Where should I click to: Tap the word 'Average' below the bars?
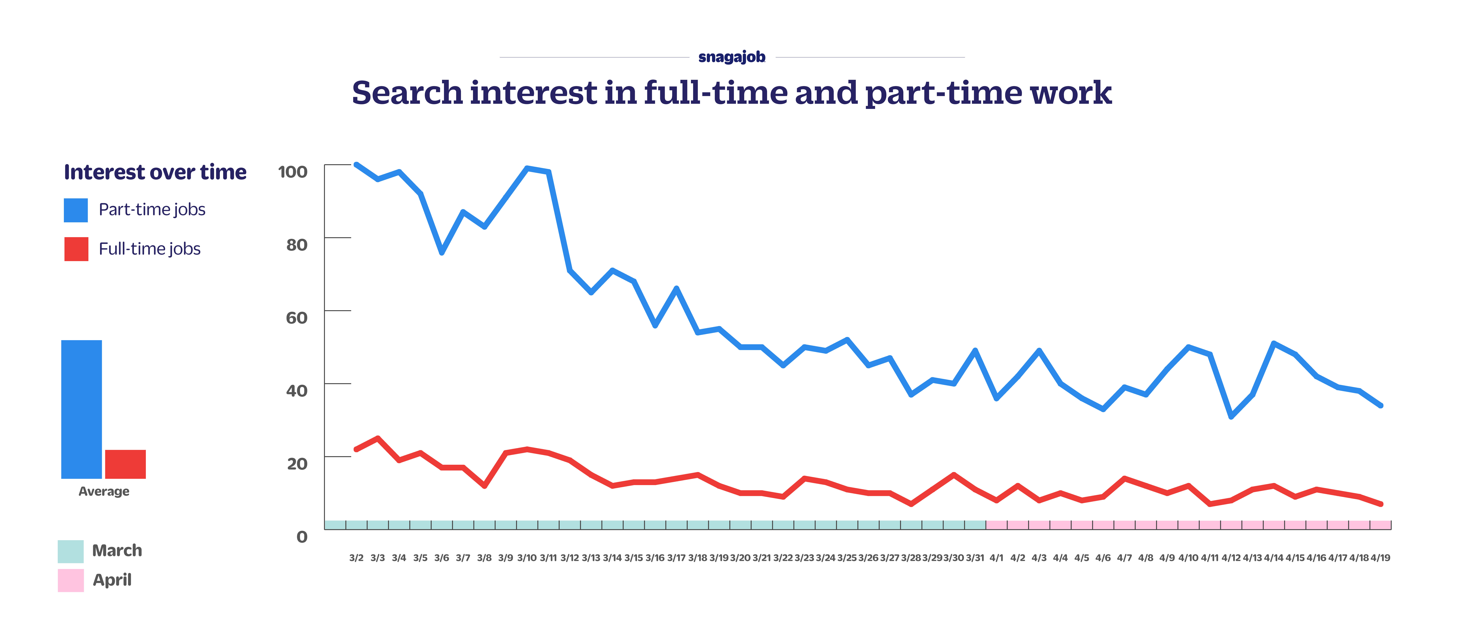(x=104, y=491)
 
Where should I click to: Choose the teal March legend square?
(x=71, y=551)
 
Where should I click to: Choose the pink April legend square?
(x=71, y=580)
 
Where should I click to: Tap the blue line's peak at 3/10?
(x=527, y=168)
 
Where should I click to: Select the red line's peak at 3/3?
(x=378, y=438)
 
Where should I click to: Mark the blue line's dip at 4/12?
(x=1231, y=417)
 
